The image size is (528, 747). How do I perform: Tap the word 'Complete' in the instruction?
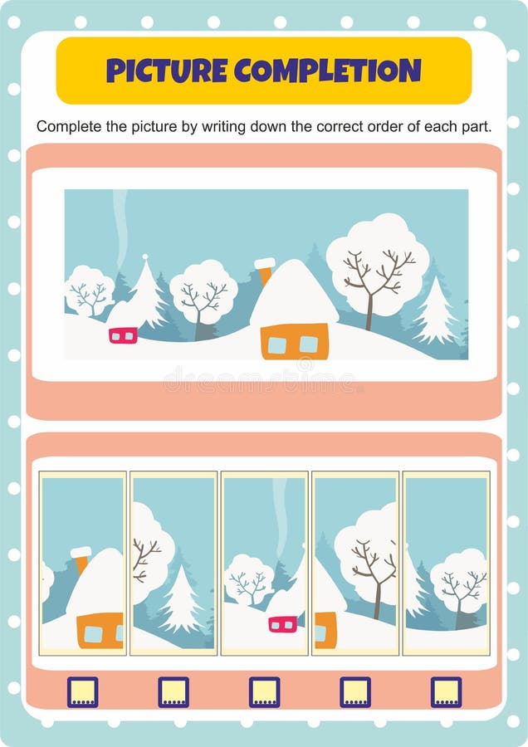(x=66, y=126)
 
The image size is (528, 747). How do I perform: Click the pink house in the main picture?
(x=123, y=334)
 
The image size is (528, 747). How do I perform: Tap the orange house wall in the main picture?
(x=294, y=341)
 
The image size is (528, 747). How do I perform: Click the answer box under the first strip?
(x=82, y=691)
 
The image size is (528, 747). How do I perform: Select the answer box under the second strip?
(x=174, y=691)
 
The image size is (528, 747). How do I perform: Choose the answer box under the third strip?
(x=264, y=691)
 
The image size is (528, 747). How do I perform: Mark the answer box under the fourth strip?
(x=354, y=691)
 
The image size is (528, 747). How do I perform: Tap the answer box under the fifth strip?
(x=446, y=691)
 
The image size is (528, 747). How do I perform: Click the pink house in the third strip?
(x=283, y=623)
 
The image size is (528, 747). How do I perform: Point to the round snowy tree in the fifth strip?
(x=458, y=578)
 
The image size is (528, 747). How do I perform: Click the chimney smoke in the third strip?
(x=281, y=515)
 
